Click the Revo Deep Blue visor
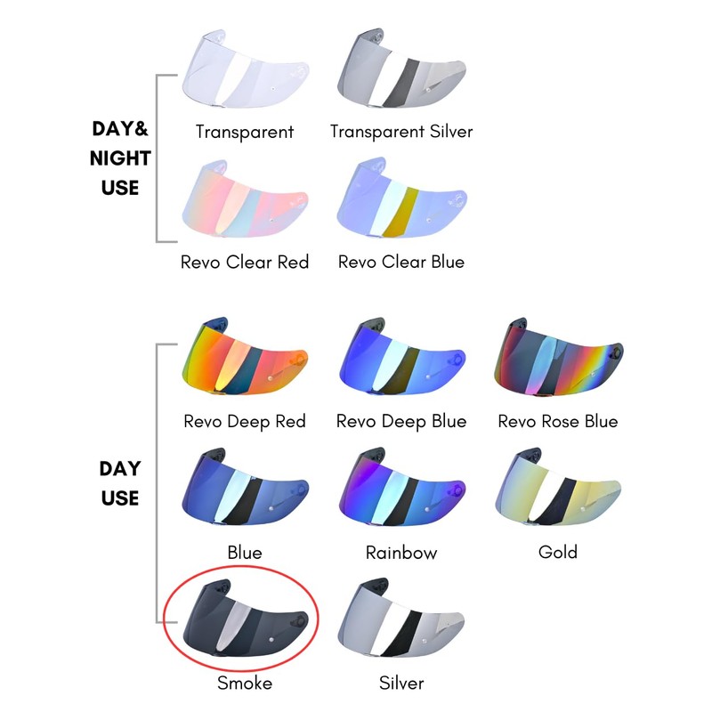pos(401,360)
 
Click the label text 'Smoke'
pos(245,684)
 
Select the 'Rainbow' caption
pos(401,553)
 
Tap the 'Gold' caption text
pos(558,552)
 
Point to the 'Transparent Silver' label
pos(401,132)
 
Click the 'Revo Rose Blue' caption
pos(558,421)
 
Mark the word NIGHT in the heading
pos(121,158)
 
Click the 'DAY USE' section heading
pos(121,483)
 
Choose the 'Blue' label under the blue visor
pos(245,553)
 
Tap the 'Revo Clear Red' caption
pos(245,263)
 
